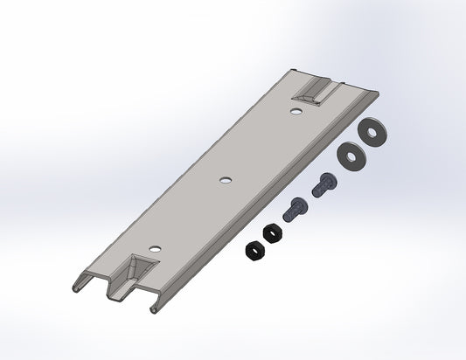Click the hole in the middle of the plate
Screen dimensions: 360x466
(226, 181)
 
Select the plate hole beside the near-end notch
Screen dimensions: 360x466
(155, 249)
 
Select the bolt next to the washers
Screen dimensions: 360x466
(322, 185)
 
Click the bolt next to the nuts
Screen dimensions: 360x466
(293, 210)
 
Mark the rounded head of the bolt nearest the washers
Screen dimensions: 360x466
(327, 181)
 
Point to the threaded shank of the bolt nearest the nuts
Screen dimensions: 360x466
(288, 214)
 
